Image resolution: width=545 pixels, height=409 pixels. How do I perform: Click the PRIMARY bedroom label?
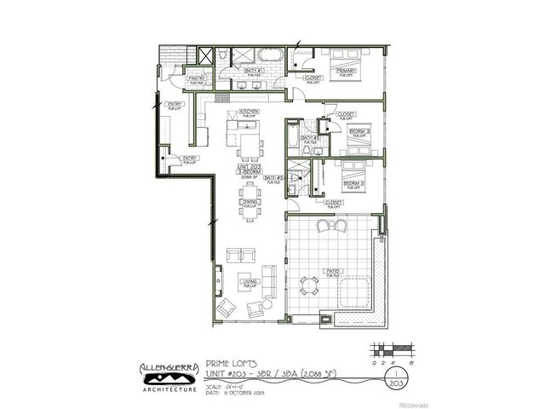click(x=346, y=72)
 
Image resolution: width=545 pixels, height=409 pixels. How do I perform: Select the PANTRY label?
click(x=196, y=80)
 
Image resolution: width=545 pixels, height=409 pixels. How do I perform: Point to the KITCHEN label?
click(x=250, y=112)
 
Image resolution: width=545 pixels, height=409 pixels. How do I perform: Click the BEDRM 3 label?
click(x=359, y=131)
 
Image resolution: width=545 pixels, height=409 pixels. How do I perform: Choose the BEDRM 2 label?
click(x=354, y=183)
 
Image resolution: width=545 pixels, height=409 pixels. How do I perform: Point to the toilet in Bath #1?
click(x=220, y=55)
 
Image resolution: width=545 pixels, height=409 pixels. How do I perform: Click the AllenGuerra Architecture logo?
click(x=169, y=372)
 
